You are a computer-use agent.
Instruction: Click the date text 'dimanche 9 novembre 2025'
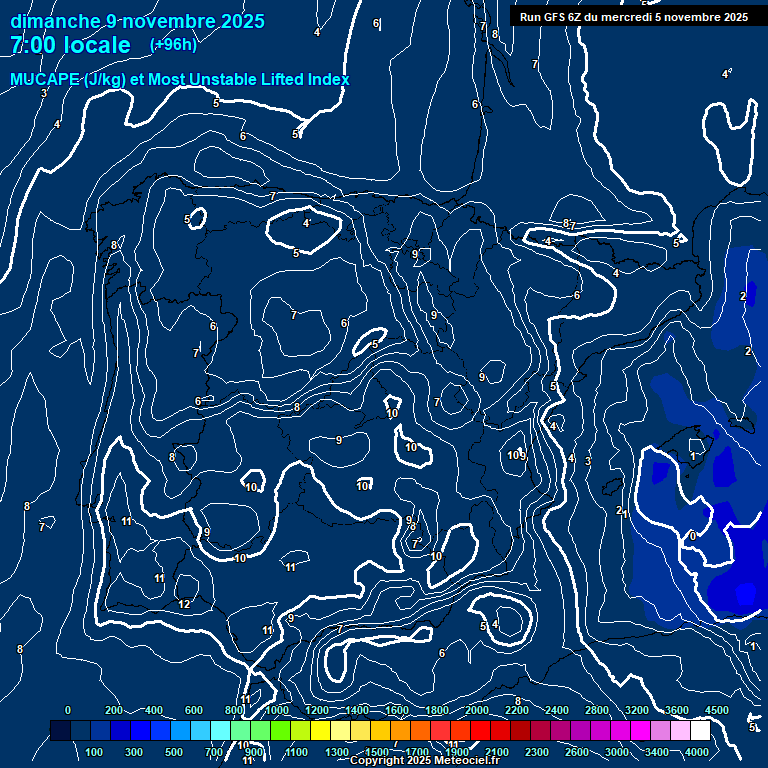tap(137, 22)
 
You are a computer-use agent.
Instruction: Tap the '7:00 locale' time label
tap(70, 45)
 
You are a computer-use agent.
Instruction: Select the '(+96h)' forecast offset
tap(173, 45)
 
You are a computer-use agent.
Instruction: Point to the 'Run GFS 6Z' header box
tap(633, 17)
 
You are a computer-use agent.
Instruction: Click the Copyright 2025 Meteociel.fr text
tap(424, 761)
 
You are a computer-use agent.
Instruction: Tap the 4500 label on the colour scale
tap(716, 710)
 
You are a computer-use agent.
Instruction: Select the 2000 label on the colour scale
tap(477, 710)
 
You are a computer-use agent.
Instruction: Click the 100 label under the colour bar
tap(95, 752)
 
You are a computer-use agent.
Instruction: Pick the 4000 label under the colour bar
tap(697, 752)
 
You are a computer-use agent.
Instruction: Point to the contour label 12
tap(184, 605)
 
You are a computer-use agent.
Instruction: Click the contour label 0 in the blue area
tap(692, 536)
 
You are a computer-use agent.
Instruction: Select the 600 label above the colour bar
tap(194, 710)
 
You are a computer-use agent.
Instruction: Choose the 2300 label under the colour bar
tap(537, 752)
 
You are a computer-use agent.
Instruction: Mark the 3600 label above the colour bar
tap(677, 710)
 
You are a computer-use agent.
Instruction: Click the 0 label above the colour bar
tap(67, 710)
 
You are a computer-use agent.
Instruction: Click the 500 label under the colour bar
tap(174, 752)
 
